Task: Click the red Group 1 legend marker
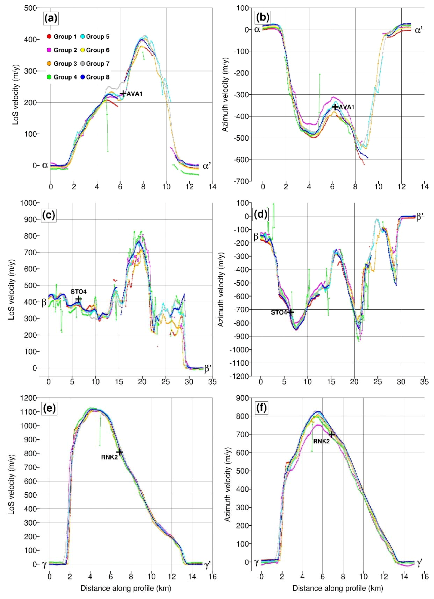tap(49, 37)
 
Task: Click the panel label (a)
tap(51, 19)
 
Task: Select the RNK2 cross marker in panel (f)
tap(332, 434)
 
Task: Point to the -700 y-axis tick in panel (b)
tap(241, 181)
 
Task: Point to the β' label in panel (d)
tap(420, 217)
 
